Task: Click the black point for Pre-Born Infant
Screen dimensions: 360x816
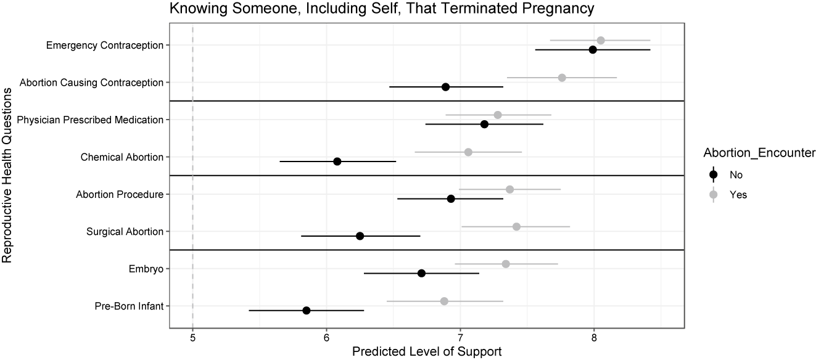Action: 307,310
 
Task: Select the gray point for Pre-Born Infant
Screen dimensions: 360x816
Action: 444,301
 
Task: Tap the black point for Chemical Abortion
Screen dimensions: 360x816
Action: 337,161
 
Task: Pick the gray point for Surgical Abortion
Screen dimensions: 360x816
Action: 516,227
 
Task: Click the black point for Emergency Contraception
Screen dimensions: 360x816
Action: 593,49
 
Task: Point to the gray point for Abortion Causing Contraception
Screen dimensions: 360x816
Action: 562,78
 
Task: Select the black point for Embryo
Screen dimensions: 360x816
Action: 421,273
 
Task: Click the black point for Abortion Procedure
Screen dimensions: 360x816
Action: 451,198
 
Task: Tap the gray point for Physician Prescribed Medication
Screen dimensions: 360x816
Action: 498,115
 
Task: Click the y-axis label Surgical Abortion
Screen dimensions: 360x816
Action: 125,232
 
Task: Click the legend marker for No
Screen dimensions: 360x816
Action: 714,174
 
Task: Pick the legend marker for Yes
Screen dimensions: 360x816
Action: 714,194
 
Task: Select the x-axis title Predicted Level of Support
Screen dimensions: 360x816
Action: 426,352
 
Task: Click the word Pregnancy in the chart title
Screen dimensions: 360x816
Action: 550,8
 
